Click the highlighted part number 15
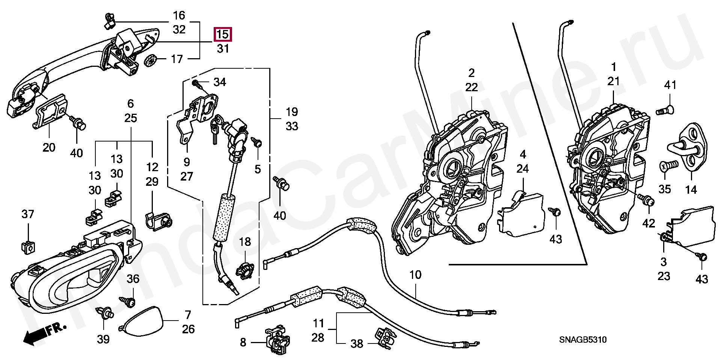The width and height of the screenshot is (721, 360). click(223, 35)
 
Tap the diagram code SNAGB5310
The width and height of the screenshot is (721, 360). click(582, 340)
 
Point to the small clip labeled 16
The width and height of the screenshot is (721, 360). click(109, 21)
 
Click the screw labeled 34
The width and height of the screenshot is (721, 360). click(197, 84)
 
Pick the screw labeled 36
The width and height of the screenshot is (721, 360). click(127, 300)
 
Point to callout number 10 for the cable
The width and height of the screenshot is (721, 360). click(415, 275)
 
